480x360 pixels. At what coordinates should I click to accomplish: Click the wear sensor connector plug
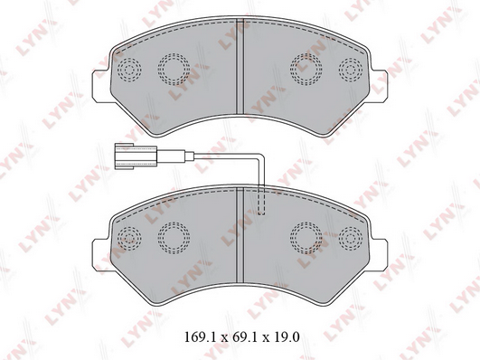136,156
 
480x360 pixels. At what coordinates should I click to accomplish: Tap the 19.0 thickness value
287,337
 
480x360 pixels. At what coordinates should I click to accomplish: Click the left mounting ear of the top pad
101,86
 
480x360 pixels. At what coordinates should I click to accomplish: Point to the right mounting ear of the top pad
379,85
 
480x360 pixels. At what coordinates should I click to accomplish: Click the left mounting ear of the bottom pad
101,255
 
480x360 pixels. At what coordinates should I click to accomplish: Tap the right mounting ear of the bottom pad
379,255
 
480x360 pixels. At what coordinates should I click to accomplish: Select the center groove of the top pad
240,67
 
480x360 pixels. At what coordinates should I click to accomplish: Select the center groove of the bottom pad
240,236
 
